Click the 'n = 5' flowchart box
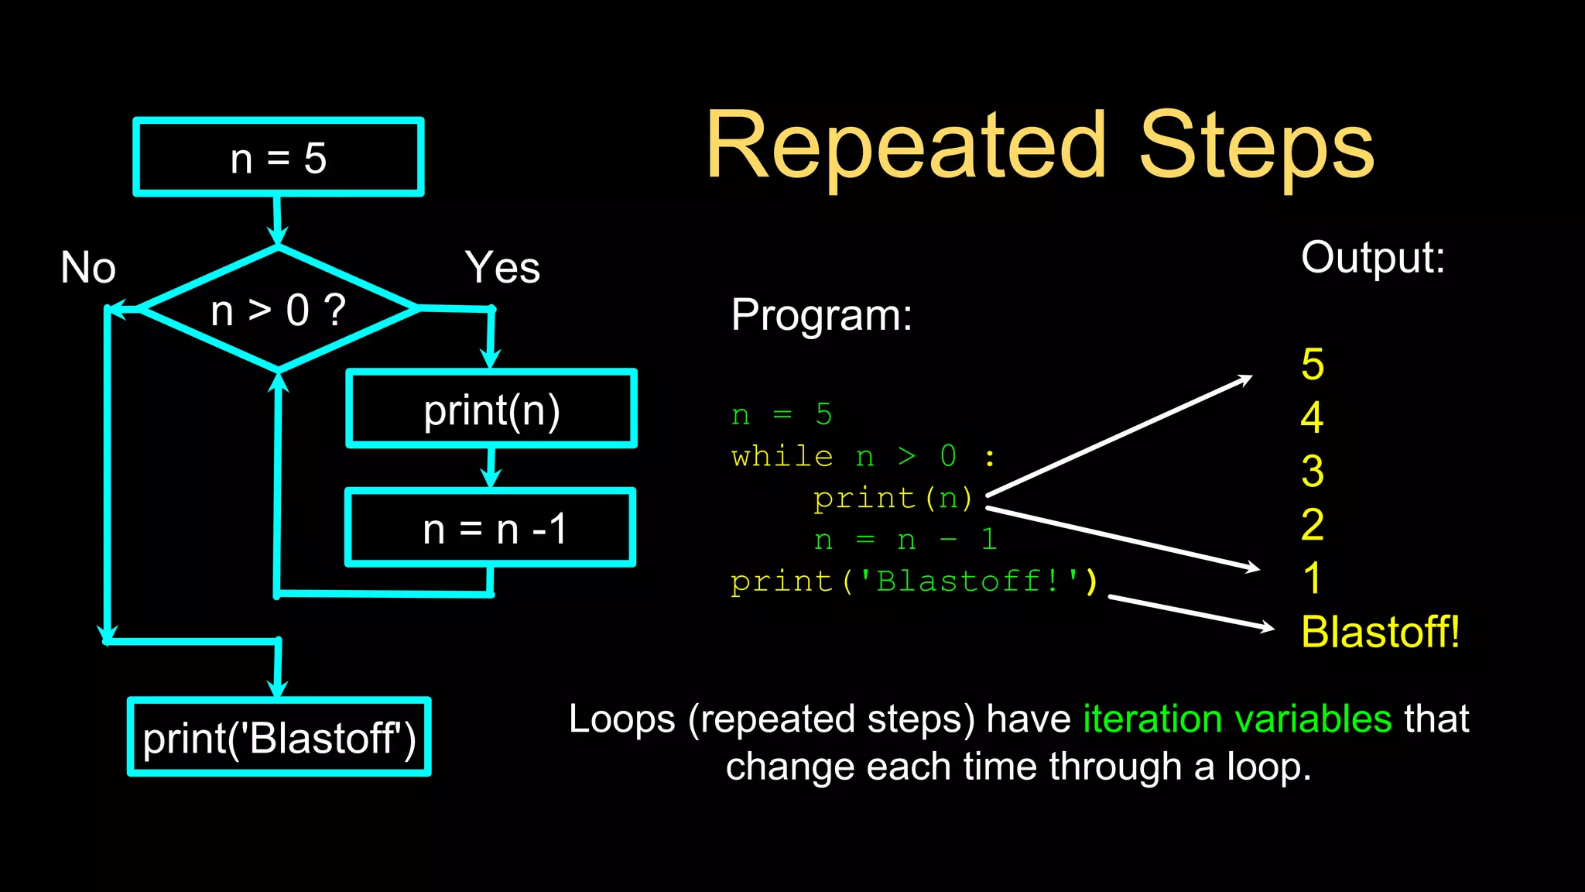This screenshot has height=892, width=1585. point(279,157)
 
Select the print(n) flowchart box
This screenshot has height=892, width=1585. point(491,409)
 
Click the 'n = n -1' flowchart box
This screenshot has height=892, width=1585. point(491,528)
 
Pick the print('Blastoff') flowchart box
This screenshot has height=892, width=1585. point(279,737)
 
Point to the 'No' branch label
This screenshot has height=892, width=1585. point(88,268)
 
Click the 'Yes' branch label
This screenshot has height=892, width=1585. point(502,268)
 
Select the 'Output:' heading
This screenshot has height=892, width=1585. point(1372,258)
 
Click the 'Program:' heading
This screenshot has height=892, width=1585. point(821,315)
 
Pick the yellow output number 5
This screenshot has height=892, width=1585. point(1313,364)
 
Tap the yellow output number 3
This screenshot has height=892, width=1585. point(1313,471)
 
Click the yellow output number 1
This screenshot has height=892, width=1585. point(1313,578)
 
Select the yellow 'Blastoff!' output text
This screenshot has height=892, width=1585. point(1380,632)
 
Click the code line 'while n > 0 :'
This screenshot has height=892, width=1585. point(863,457)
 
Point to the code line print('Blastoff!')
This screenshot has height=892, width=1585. point(913,581)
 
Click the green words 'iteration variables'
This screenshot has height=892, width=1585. point(1237,719)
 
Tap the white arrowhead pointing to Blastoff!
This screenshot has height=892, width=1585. point(1266,626)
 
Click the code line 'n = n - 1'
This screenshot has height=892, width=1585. point(905,540)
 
